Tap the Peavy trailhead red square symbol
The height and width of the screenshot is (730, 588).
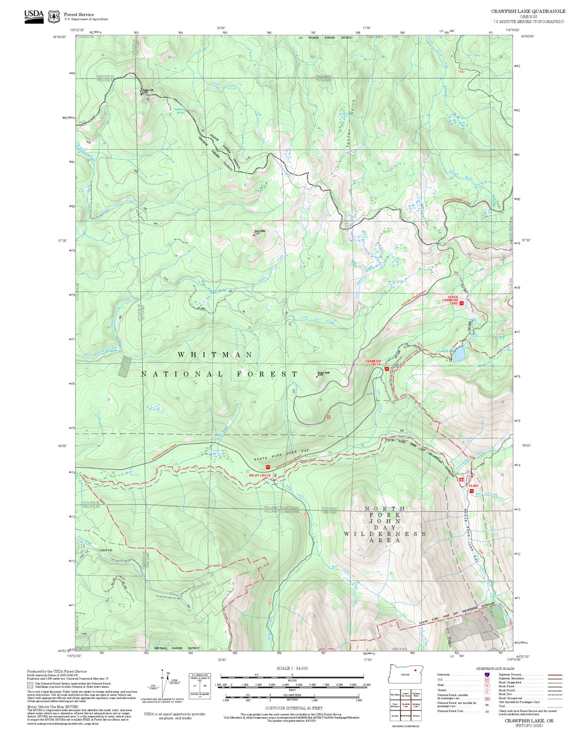pos(472,491)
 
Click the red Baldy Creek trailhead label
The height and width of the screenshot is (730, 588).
pos(260,475)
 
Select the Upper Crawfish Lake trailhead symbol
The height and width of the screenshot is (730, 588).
pos(461,303)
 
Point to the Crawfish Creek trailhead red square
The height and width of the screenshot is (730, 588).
pos(387,369)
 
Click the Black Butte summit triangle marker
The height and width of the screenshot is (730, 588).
pos(254,235)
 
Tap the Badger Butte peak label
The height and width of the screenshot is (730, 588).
pos(323,373)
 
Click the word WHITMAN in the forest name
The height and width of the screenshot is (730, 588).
pos(215,355)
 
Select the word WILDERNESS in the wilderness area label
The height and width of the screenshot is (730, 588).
pos(385,534)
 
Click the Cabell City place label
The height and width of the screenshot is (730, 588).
pos(106,550)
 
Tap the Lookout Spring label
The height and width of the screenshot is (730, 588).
pos(179,111)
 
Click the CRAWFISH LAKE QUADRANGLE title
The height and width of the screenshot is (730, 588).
pos(528,11)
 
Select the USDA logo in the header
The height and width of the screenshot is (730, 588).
pos(34,16)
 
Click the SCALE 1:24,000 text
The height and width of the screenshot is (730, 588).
pos(292,668)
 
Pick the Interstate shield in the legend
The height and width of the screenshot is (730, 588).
pos(487,674)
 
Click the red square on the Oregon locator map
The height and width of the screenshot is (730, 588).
pos(415,670)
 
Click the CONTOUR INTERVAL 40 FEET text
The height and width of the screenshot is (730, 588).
pos(294,708)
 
